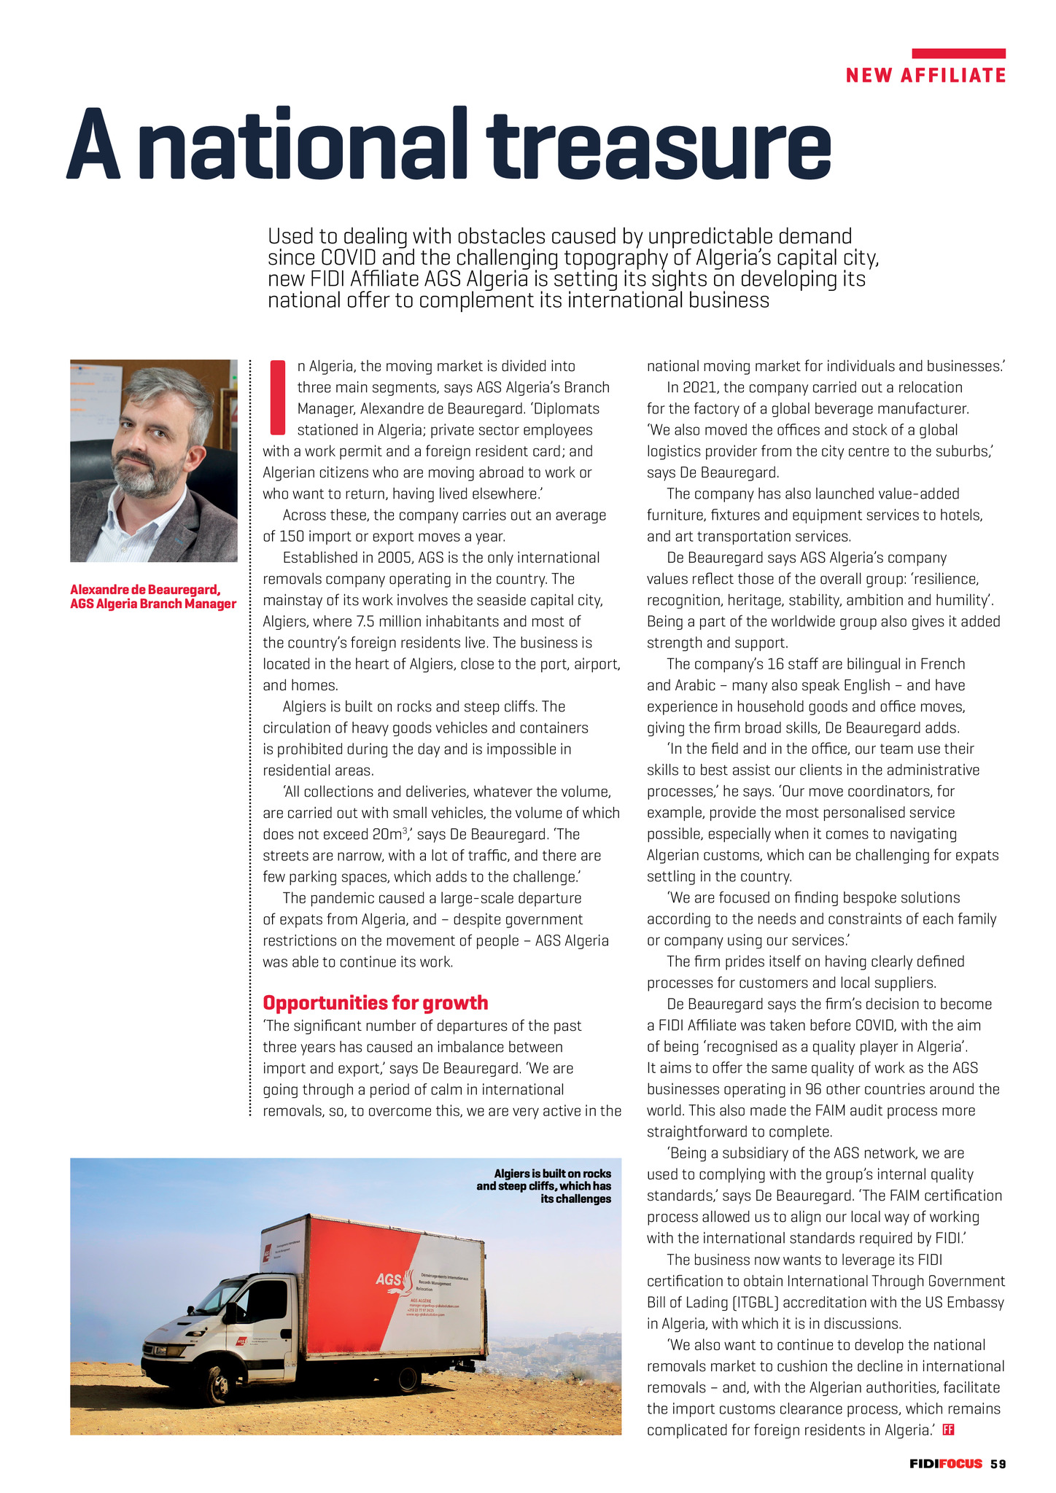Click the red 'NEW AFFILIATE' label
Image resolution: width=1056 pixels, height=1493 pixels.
coord(925,75)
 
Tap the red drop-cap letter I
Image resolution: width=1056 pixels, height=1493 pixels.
coord(276,396)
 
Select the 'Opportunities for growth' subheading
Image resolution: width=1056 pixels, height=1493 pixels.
coord(375,1002)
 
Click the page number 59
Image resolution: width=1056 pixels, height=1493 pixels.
coord(998,1463)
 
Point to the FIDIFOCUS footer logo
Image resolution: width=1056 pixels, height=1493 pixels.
coord(945,1463)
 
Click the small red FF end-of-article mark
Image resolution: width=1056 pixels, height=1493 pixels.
coord(949,1429)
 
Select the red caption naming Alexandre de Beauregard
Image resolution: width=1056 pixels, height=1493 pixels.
coord(153,596)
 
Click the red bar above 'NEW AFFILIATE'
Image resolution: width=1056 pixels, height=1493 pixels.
coord(958,53)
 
